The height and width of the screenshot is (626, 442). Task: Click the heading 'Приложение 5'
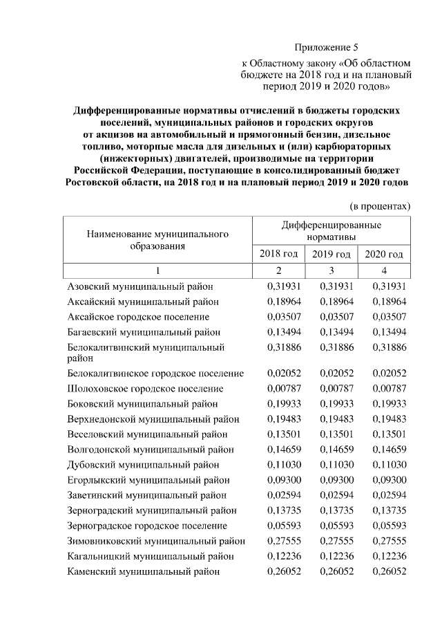pos(327,48)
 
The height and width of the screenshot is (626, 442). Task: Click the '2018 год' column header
pos(278,254)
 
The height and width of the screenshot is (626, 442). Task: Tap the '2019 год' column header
pos(331,254)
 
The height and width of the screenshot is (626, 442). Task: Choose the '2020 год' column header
pos(384,254)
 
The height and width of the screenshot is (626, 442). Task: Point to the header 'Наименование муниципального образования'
pos(157,240)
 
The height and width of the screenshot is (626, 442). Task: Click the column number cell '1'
pos(157,270)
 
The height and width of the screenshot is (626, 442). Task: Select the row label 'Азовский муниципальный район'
pos(140,286)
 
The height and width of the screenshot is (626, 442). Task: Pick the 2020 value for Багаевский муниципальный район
pos(389,332)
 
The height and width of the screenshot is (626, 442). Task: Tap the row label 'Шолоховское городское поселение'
pos(145,389)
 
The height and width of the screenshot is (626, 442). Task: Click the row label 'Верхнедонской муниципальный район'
pos(153,419)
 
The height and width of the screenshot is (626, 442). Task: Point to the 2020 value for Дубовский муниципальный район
pos(389,465)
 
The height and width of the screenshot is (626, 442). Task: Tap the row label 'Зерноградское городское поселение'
pos(147,526)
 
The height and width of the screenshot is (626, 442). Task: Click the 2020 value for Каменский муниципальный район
pos(389,571)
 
